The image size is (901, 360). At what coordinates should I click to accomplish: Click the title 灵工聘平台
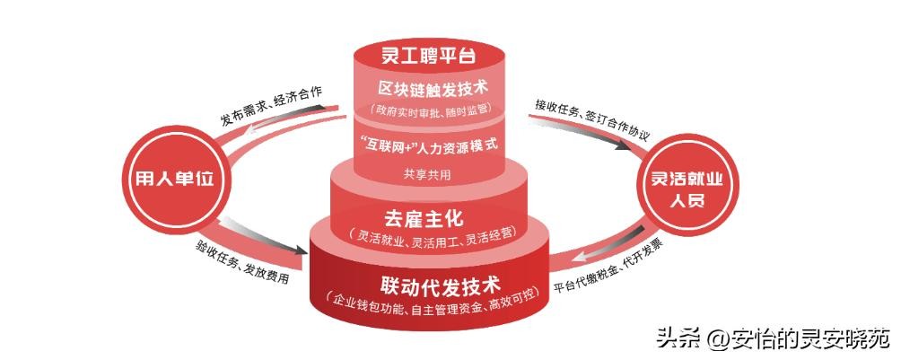point(429,57)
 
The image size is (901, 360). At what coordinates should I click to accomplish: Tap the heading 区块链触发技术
point(433,89)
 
